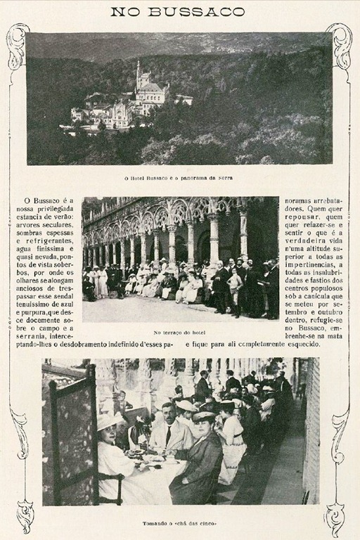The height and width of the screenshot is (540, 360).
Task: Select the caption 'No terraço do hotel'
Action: point(180,332)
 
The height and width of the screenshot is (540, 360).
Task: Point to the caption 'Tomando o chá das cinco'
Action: point(179,525)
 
